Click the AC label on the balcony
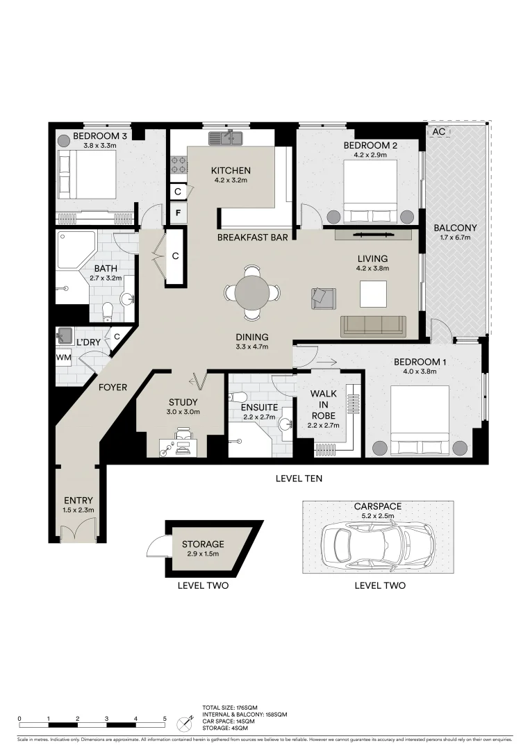click(439, 131)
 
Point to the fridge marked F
click(178, 212)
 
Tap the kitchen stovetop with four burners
click(178, 165)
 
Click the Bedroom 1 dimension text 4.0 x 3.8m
click(417, 371)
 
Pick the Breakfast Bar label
click(252, 237)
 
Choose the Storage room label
click(203, 544)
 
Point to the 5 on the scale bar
click(165, 719)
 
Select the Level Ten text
click(299, 478)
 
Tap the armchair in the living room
click(323, 297)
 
